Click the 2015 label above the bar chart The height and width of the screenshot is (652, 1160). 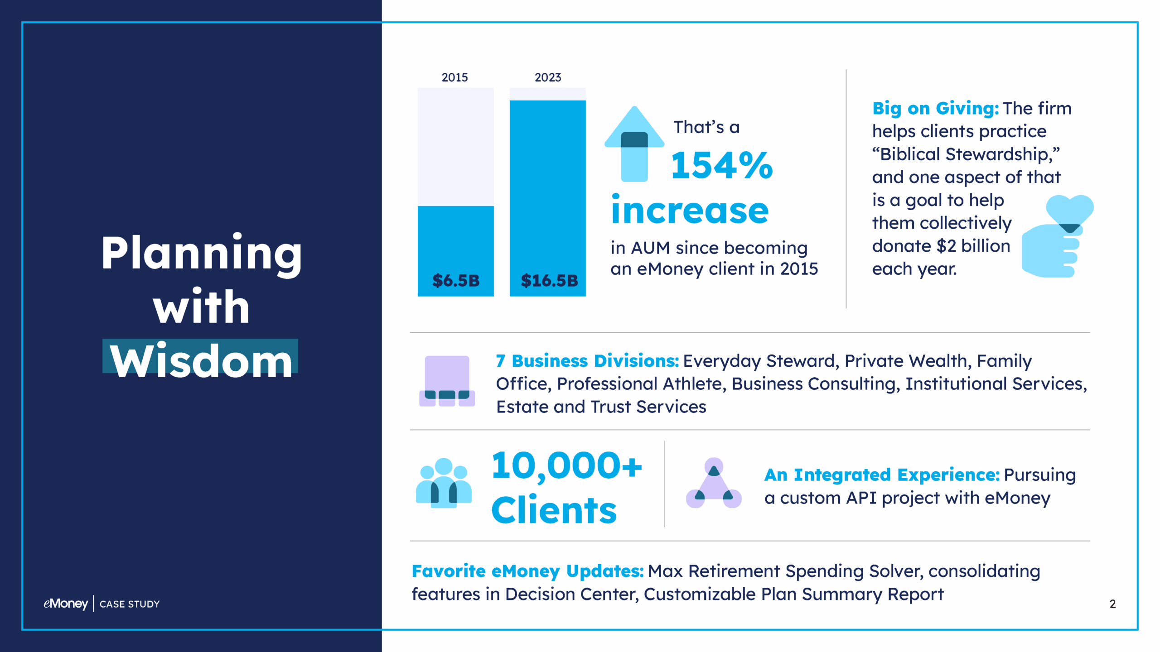click(x=454, y=77)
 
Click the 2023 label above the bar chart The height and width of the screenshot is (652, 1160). click(x=547, y=77)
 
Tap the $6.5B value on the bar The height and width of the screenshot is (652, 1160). click(x=455, y=281)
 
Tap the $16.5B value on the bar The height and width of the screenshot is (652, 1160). click(x=549, y=281)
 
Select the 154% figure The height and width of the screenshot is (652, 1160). click(x=721, y=166)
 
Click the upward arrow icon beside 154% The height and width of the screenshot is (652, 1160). click(x=634, y=145)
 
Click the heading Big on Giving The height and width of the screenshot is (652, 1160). click(x=935, y=109)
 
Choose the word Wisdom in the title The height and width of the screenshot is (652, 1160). click(x=201, y=361)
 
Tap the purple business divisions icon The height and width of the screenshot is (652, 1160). click(x=447, y=381)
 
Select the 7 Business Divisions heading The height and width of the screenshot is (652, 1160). click(x=587, y=361)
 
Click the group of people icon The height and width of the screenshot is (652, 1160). click(x=444, y=483)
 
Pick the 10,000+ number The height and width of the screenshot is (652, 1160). click(x=566, y=466)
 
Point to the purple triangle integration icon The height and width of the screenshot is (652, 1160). click(x=714, y=484)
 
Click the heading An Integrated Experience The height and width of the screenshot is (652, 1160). click(x=881, y=475)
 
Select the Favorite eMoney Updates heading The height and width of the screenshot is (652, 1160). click(x=527, y=571)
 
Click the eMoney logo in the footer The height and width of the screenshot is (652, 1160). click(x=66, y=604)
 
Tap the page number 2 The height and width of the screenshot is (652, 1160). click(x=1112, y=604)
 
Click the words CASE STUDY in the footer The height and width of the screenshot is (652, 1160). click(x=130, y=604)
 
